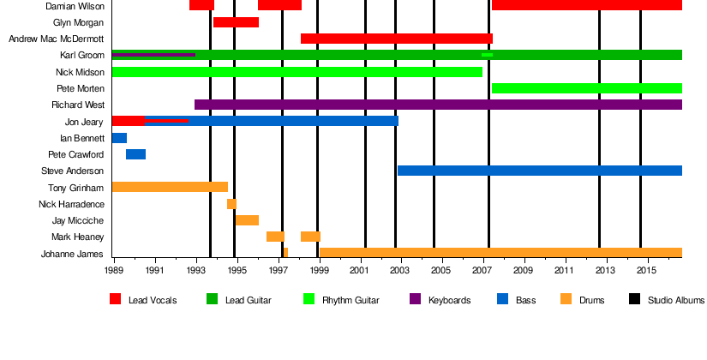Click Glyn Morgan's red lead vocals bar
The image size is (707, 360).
coord(236,22)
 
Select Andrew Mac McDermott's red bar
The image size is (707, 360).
coord(396,39)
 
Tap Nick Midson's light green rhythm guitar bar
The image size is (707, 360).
coord(297,72)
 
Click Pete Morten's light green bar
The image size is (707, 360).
coord(586,88)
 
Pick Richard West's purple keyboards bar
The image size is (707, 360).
coord(438,105)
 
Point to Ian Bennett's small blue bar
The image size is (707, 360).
coord(119,138)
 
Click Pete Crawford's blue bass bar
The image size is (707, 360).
coord(135,154)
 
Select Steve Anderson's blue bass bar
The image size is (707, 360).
coord(539,171)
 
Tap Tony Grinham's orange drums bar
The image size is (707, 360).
coord(170,187)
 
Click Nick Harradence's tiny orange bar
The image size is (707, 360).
coord(231,204)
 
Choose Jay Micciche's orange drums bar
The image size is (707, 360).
coord(247,220)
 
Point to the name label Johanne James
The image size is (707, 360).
coord(73,254)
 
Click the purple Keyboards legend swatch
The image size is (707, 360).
coord(415,299)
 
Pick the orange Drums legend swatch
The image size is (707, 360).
coord(566,299)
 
